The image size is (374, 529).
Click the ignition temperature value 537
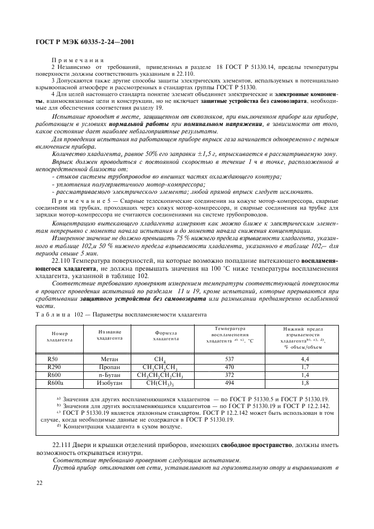pos(230,358)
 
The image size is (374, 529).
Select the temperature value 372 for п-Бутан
pos(230,375)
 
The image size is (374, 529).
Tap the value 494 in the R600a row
pos(230,383)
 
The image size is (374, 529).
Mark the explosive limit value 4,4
pos(305,358)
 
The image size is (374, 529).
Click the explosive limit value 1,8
pos(305,383)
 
